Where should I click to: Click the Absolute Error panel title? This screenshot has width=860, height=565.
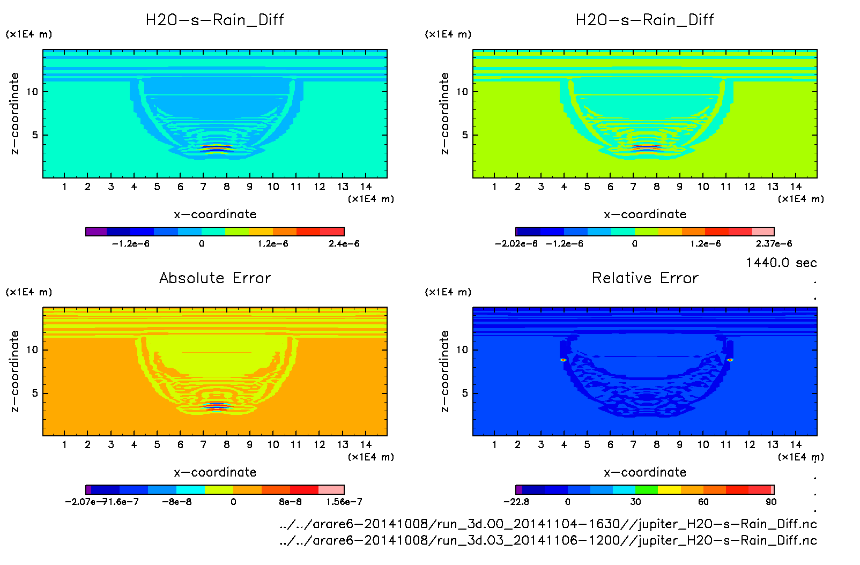coord(215,278)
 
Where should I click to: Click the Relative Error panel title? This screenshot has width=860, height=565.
coord(645,278)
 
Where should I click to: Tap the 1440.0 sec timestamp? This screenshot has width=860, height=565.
coord(781,263)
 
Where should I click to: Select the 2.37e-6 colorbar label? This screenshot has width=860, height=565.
coord(774,243)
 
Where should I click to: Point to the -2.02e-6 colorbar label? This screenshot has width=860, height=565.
coord(516,243)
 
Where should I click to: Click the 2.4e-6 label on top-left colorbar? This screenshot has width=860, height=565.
coord(344,243)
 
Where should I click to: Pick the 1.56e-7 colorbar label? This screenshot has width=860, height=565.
coord(344,502)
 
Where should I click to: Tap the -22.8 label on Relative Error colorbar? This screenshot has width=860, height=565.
coord(516,502)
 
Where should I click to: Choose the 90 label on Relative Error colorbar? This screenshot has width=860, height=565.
coord(771,502)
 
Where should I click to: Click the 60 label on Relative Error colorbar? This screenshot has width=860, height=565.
coord(703,502)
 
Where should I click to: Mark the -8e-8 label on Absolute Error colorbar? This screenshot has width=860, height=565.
coord(177,502)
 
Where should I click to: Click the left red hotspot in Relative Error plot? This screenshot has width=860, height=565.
coord(563,360)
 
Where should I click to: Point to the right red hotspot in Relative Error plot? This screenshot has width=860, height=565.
coord(730,360)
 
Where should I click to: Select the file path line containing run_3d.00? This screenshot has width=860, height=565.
coord(548,524)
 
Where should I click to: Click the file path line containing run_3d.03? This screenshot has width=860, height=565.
coord(548,540)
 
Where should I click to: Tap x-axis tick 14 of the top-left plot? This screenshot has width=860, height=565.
coord(366,187)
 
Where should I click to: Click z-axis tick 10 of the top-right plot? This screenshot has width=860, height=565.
coord(462,92)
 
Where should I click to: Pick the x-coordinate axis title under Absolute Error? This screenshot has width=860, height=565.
coord(215,472)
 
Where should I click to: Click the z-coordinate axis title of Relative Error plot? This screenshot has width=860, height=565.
coord(444,371)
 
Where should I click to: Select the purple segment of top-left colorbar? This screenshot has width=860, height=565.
coord(97,232)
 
